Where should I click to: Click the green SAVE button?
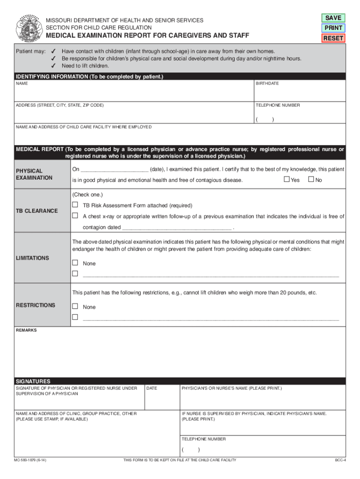(x=333, y=18)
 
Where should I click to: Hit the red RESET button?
(x=333, y=38)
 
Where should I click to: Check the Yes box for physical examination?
(x=287, y=180)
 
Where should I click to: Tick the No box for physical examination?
(x=310, y=180)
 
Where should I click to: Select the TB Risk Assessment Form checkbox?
(x=75, y=205)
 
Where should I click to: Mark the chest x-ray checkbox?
(x=75, y=216)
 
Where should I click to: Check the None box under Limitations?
(x=75, y=263)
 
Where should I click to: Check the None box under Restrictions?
(x=75, y=306)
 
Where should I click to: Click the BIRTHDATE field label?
(x=267, y=83)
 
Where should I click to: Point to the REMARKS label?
(x=26, y=330)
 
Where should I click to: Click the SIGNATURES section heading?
(x=33, y=381)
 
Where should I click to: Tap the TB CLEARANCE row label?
(x=37, y=211)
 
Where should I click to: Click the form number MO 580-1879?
(x=31, y=460)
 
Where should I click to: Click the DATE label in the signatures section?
(x=152, y=388)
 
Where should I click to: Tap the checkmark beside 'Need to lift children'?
(x=54, y=66)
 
